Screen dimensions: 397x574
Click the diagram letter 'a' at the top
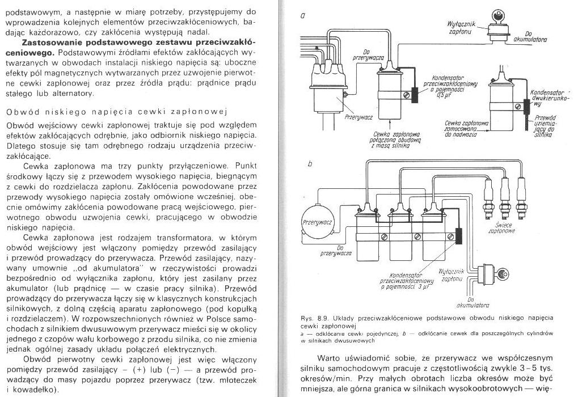[x=303, y=16]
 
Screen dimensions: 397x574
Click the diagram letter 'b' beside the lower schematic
[x=310, y=164]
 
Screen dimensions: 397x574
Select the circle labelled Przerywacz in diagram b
[x=317, y=222]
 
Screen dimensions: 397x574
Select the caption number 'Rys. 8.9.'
[x=313, y=318]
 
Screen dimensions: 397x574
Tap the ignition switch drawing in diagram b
[x=486, y=274]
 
